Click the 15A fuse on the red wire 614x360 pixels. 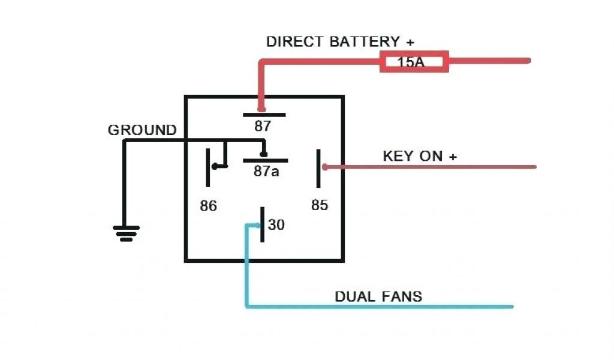[414, 61]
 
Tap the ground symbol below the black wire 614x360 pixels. [126, 233]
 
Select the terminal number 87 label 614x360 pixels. [263, 127]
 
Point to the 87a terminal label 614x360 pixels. [267, 171]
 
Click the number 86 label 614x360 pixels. [209, 206]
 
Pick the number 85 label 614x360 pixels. [320, 205]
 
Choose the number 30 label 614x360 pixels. [276, 225]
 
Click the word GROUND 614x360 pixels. [142, 130]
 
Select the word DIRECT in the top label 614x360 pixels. [296, 42]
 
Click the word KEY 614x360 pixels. [398, 156]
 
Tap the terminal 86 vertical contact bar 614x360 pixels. [209, 167]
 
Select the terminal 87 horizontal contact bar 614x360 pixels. [264, 114]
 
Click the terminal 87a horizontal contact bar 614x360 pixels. [265, 160]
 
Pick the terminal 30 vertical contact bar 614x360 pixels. [263, 224]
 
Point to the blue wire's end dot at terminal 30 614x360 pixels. [258, 226]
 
